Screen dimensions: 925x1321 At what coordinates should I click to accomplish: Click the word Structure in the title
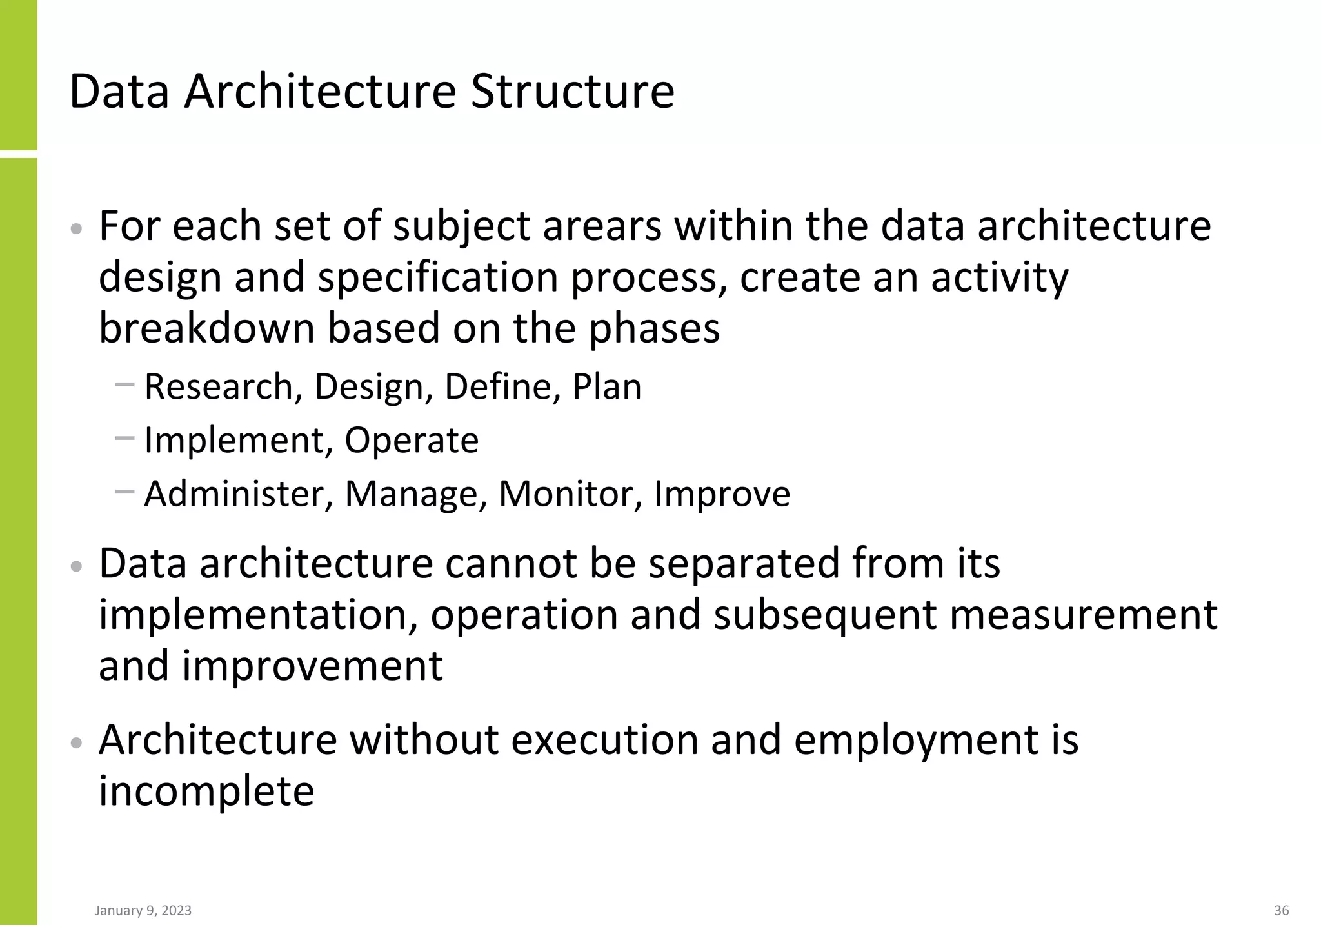pyautogui.click(x=572, y=91)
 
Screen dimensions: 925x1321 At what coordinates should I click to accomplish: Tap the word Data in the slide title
pyautogui.click(x=119, y=91)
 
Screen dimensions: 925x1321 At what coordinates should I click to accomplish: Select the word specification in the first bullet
pyautogui.click(x=437, y=277)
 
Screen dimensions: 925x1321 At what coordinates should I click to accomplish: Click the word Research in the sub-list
pyautogui.click(x=219, y=386)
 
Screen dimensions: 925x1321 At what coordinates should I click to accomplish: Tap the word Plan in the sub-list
pyautogui.click(x=607, y=386)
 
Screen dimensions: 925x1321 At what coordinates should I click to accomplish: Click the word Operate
pyautogui.click(x=412, y=440)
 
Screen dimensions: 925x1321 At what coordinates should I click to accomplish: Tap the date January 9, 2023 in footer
pyautogui.click(x=143, y=910)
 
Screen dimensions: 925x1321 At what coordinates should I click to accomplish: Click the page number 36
pyautogui.click(x=1282, y=910)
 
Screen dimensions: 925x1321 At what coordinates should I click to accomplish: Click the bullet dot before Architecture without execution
pyautogui.click(x=76, y=742)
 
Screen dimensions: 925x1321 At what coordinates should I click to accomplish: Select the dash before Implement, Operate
pyautogui.click(x=124, y=439)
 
